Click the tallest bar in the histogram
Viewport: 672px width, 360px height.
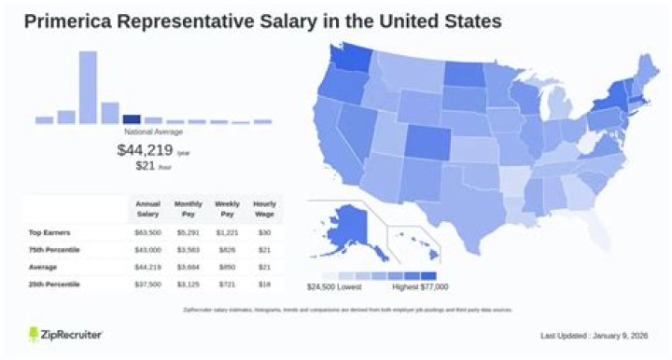(x=88, y=87)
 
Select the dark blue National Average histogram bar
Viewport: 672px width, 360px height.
(x=132, y=118)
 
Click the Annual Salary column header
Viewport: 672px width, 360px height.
(x=148, y=208)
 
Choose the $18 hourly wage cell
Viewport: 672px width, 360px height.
(x=265, y=283)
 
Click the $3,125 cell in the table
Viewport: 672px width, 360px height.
(x=188, y=283)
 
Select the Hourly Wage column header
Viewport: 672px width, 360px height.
(x=265, y=208)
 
